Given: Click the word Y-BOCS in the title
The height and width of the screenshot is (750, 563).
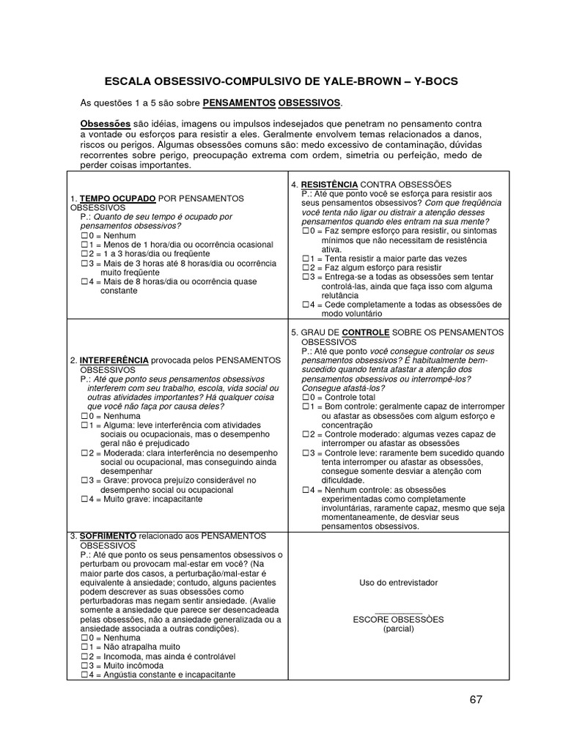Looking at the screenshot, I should (x=430, y=81).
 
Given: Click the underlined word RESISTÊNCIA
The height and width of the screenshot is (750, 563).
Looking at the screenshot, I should (x=328, y=184).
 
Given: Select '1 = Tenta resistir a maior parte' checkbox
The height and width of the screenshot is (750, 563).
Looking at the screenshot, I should (x=306, y=259).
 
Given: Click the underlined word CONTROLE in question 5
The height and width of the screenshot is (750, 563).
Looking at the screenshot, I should (x=365, y=333).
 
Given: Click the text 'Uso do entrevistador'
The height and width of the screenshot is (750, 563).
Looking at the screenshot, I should (x=398, y=582).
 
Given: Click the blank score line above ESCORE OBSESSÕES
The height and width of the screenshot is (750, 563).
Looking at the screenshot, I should (x=398, y=612).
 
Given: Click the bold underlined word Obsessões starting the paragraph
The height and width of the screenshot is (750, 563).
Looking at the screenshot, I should (x=104, y=125).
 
